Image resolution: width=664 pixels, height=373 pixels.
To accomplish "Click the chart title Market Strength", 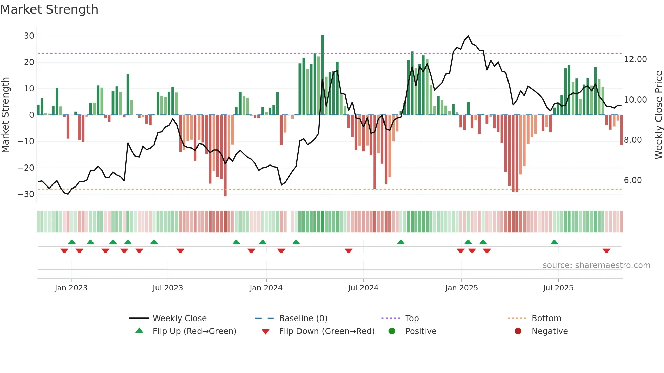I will click(49, 9).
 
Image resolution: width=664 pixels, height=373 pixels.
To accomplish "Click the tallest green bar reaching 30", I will click(323, 74).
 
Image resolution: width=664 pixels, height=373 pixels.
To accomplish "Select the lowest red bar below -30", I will click(225, 156).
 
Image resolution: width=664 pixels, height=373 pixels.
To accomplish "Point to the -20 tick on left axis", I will click(26, 168).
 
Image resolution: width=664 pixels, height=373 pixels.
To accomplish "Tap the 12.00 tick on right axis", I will click(635, 59).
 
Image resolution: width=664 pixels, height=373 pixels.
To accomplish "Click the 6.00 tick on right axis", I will click(632, 180).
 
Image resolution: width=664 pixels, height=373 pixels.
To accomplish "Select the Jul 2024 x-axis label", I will click(363, 288).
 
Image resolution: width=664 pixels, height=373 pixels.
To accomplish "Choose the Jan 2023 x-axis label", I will click(71, 288).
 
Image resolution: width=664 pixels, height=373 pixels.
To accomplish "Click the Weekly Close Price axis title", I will click(658, 115).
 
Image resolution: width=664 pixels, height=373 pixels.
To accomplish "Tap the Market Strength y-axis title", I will click(5, 115).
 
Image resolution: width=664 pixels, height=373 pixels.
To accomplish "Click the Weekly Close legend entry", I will click(180, 319).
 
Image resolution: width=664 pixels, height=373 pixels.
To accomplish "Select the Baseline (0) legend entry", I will click(303, 319).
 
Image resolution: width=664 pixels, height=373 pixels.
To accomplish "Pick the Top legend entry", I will click(412, 319).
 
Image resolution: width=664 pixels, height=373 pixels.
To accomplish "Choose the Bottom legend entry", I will click(546, 319).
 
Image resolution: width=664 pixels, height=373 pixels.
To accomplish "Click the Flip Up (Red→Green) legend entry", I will click(194, 331).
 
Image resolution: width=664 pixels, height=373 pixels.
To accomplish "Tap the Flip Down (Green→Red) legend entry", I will click(327, 331).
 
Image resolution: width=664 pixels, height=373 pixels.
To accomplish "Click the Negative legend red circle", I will click(518, 331).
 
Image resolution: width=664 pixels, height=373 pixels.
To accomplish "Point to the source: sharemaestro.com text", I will click(596, 265).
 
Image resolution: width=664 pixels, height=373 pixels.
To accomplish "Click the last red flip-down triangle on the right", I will click(606, 251).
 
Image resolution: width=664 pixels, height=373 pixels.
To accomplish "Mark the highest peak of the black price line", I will click(468, 36).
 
